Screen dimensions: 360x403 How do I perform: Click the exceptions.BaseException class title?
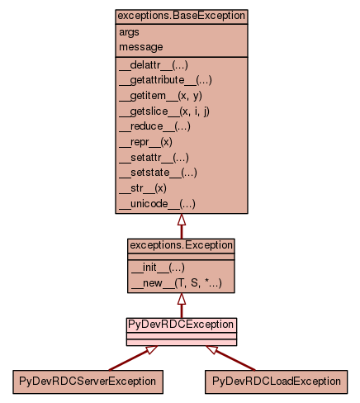point(181,16)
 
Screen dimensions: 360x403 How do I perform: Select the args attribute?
point(129,33)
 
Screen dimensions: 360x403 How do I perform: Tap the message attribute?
point(141,47)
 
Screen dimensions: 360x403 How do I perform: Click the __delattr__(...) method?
point(154,65)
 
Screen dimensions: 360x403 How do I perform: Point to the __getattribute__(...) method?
point(165,80)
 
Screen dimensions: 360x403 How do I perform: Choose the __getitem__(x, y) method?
point(160,96)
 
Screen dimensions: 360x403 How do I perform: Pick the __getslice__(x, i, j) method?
point(164,111)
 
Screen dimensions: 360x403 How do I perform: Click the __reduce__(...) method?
point(154,126)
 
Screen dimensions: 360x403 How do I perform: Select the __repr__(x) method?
point(145,142)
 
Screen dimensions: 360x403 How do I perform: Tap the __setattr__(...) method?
point(154,158)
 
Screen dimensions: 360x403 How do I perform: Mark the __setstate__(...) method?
point(158,173)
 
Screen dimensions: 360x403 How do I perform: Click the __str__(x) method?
point(143,188)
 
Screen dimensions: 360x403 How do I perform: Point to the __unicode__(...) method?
point(157,204)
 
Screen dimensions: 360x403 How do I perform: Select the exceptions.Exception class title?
point(181,245)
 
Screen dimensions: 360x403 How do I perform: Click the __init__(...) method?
point(158,268)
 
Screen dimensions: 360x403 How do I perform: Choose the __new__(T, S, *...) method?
point(177,283)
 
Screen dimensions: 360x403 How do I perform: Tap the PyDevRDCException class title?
point(181,325)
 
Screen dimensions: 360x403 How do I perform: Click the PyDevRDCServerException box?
point(88,382)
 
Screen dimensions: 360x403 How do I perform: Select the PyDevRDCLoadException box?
point(276,382)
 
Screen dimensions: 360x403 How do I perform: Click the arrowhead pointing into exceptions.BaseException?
point(182,220)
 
